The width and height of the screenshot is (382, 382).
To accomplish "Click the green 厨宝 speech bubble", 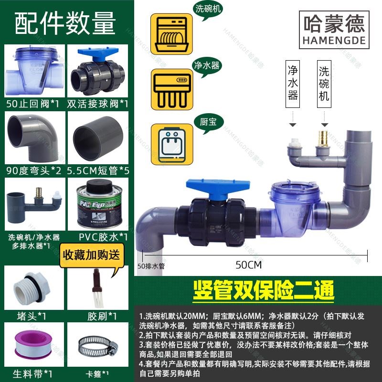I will coord(206,121).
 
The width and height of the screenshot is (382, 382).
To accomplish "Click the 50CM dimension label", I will coord(251,264).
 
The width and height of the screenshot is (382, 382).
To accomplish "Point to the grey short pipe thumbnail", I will coord(98,137).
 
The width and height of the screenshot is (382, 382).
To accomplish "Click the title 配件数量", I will coord(65,23).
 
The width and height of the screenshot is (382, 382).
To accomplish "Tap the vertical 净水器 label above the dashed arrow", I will coord(293,83).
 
